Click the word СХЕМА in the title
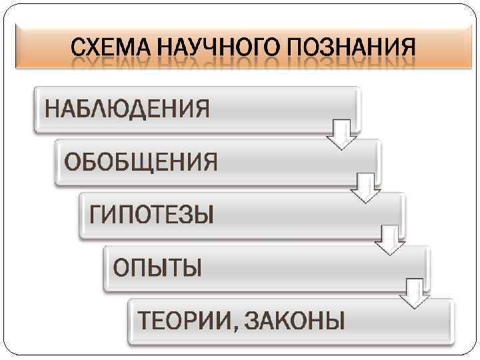[x=113, y=48]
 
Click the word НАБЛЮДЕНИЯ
[x=127, y=108]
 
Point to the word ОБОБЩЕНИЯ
[x=141, y=162]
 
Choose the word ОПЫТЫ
[x=157, y=268]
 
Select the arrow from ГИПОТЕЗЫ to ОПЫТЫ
[x=389, y=241]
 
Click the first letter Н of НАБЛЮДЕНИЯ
[x=53, y=108]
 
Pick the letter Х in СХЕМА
[x=99, y=48]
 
